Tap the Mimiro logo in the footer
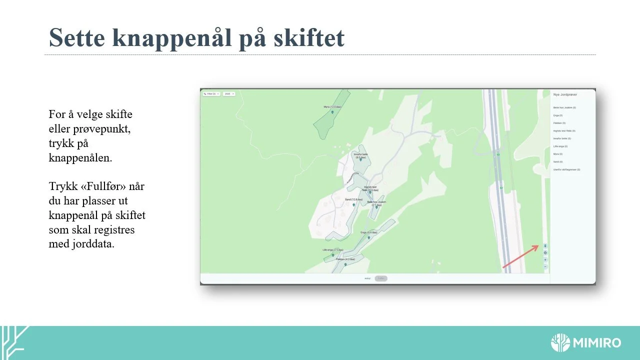pos(585,343)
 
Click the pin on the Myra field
pos(332,112)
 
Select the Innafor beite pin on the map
pos(360,159)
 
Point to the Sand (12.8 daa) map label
pos(354,199)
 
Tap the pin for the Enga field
pos(368,238)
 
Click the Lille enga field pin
pos(333,255)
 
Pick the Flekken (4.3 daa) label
pos(345,259)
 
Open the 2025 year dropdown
pos(229,93)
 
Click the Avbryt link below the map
pos(367,278)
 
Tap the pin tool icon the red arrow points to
pos(545,245)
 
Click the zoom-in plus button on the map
pos(545,260)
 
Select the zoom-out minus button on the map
pos(545,266)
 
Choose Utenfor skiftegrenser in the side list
pos(566,169)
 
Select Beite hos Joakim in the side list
pos(564,107)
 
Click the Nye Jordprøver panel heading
pos(565,94)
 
